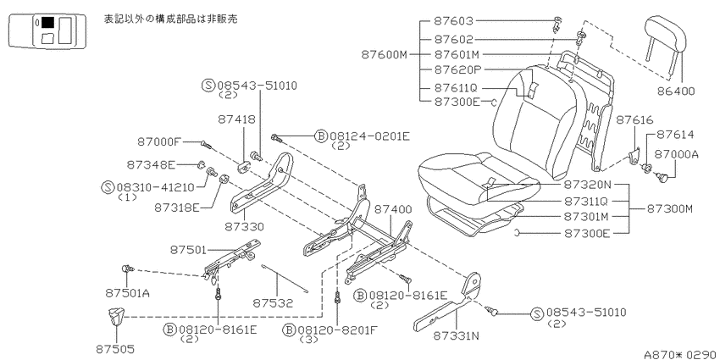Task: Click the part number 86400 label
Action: (x=677, y=91)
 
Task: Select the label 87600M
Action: (x=385, y=55)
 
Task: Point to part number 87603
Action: (x=453, y=21)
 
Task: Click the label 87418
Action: (x=236, y=119)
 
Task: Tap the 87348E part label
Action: (x=151, y=164)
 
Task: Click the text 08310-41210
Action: (x=156, y=187)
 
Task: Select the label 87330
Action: (x=244, y=226)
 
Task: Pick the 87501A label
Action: (x=128, y=292)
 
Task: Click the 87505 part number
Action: (x=115, y=350)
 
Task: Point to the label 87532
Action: (x=273, y=303)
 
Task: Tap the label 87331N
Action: (x=456, y=336)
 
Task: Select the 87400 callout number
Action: (x=393, y=209)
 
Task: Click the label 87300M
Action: (x=669, y=209)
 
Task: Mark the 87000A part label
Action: (x=677, y=154)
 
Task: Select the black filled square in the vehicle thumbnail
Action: (x=47, y=23)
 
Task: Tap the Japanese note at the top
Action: (x=171, y=19)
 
